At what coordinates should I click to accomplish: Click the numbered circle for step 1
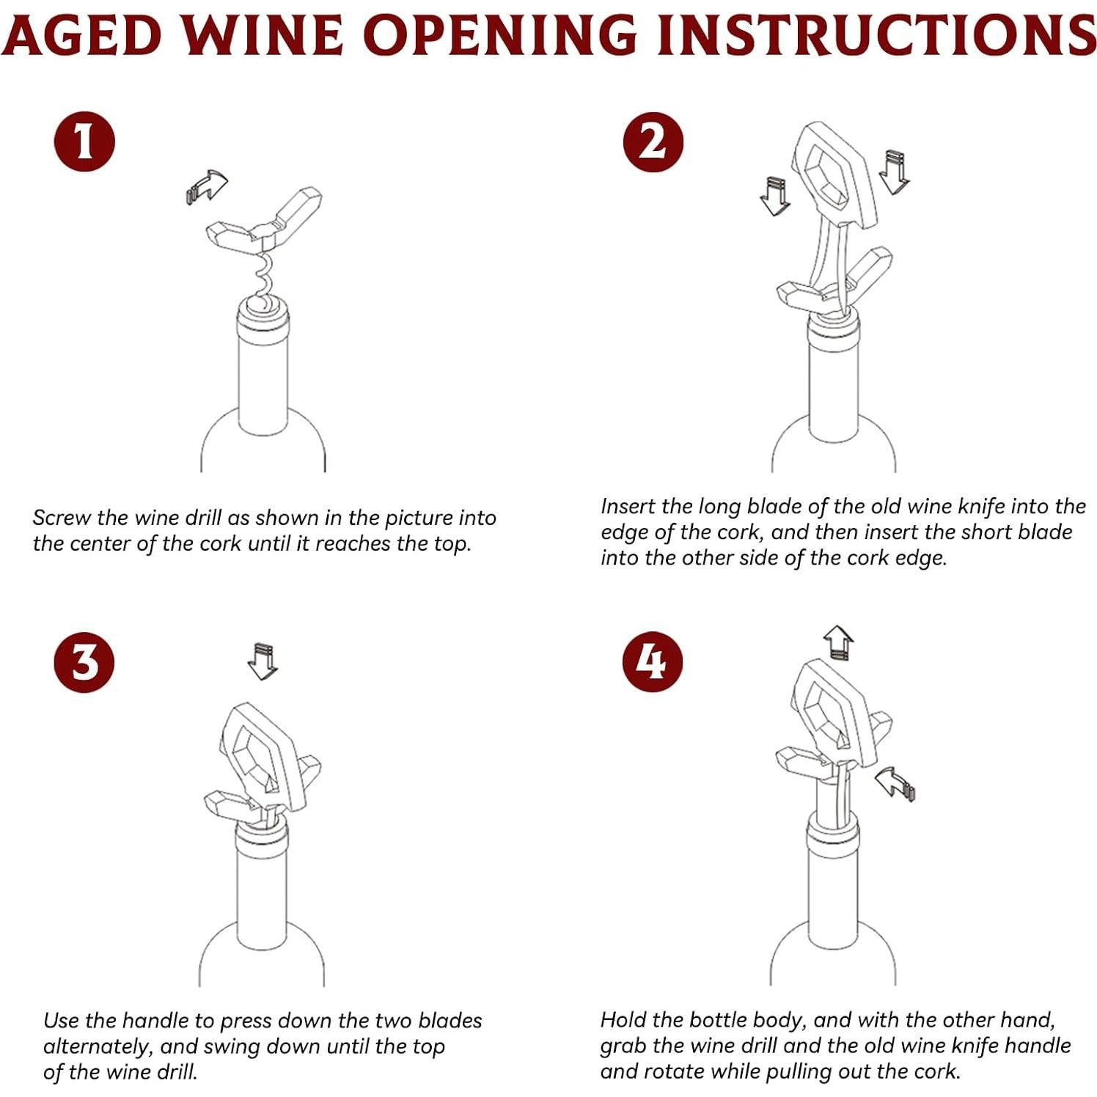(x=84, y=141)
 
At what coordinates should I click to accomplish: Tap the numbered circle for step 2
(x=653, y=141)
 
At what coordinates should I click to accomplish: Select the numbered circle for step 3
(x=84, y=662)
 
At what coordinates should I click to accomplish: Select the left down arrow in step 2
(x=774, y=196)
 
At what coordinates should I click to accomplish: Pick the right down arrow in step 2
(x=893, y=172)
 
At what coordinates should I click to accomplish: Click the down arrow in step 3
(x=263, y=661)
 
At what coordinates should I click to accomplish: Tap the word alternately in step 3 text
(x=95, y=1046)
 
